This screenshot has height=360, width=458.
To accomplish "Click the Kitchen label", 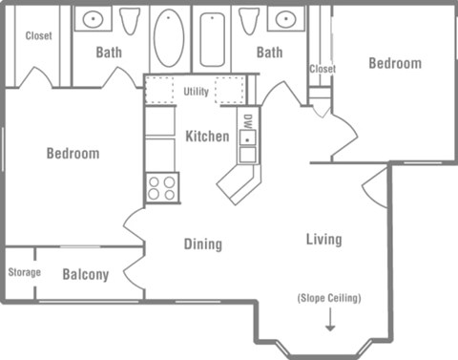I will click(207, 136).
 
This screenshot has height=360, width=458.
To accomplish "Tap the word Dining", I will click(202, 244).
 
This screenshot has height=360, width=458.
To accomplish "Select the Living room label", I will click(323, 239).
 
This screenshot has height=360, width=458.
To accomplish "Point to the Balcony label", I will click(86, 275).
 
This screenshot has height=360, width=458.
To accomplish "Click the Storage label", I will click(24, 273).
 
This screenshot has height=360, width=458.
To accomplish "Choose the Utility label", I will click(197, 92).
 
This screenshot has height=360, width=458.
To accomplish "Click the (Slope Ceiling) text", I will click(329, 298).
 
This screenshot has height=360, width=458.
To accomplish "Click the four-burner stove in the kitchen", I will click(162, 187).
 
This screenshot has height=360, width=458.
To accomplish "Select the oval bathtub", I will click(169, 38).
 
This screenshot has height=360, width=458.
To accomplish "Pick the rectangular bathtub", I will click(212, 39).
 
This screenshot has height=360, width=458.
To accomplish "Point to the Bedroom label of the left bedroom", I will click(73, 153).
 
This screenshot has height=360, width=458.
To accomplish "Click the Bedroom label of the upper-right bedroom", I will click(395, 63).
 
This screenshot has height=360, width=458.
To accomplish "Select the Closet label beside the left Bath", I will click(39, 36).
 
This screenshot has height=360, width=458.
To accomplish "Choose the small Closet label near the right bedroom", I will click(323, 69).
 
